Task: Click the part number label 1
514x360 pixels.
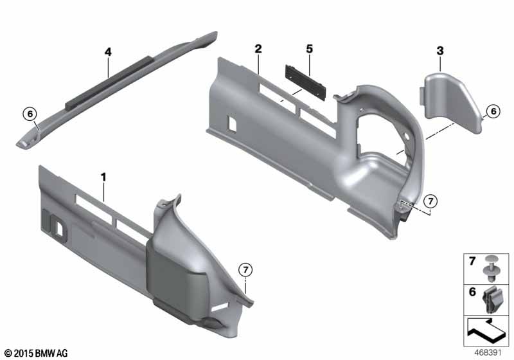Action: (x=103, y=177)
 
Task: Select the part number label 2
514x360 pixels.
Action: (x=258, y=49)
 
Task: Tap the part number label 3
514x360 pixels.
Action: (x=440, y=51)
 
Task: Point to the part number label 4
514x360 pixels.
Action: (x=108, y=52)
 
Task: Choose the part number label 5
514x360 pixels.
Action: (x=310, y=49)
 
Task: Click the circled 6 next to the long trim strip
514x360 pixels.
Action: (x=30, y=114)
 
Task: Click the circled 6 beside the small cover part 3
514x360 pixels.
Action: (x=493, y=111)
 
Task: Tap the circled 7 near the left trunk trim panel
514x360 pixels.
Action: (x=245, y=270)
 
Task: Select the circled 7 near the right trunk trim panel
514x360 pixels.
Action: (x=430, y=201)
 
